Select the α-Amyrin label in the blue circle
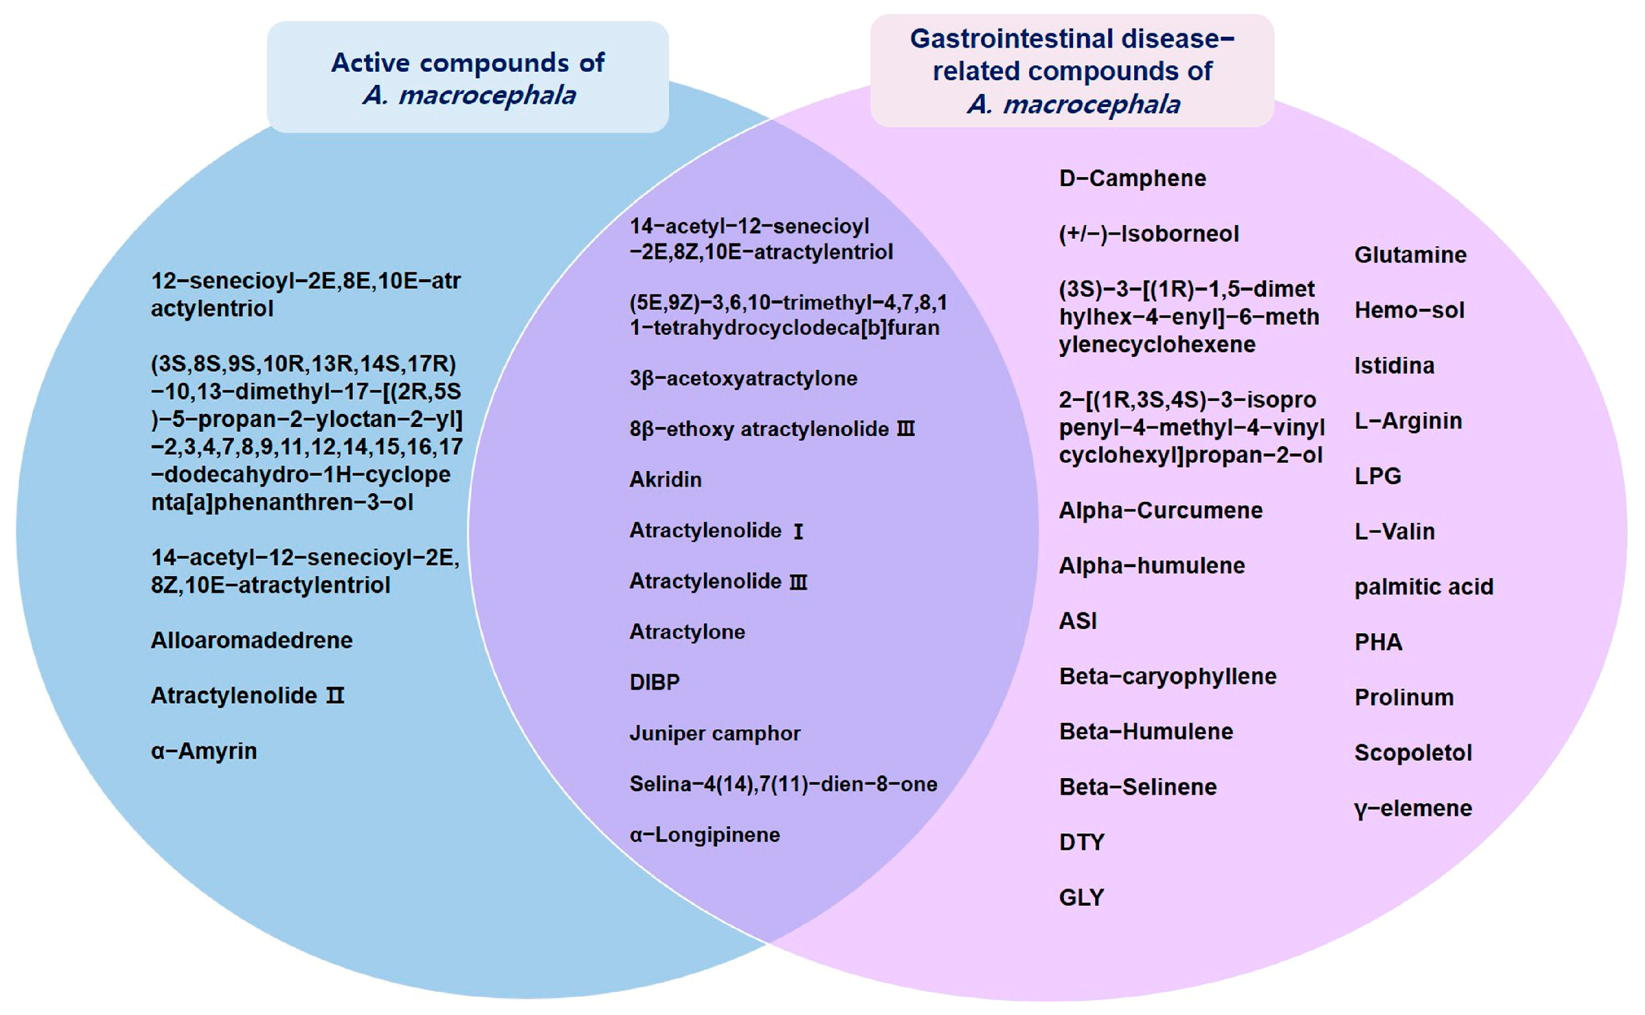[204, 751]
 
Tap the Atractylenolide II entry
[246, 696]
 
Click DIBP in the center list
[654, 682]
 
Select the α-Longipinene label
[704, 835]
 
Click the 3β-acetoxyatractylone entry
[743, 378]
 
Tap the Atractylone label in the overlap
[686, 632]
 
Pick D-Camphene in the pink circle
[1132, 179]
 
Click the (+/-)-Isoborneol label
[1148, 233]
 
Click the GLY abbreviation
[1081, 898]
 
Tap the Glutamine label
[1410, 255]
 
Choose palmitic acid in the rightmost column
[1423, 587]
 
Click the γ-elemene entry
[1413, 808]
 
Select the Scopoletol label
[1413, 753]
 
